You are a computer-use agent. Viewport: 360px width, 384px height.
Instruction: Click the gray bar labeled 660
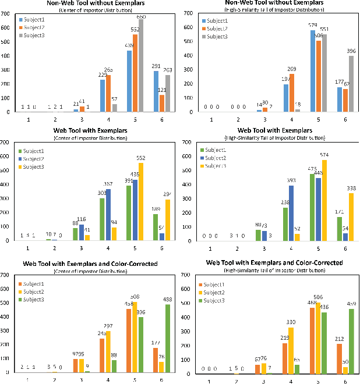point(140,66)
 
